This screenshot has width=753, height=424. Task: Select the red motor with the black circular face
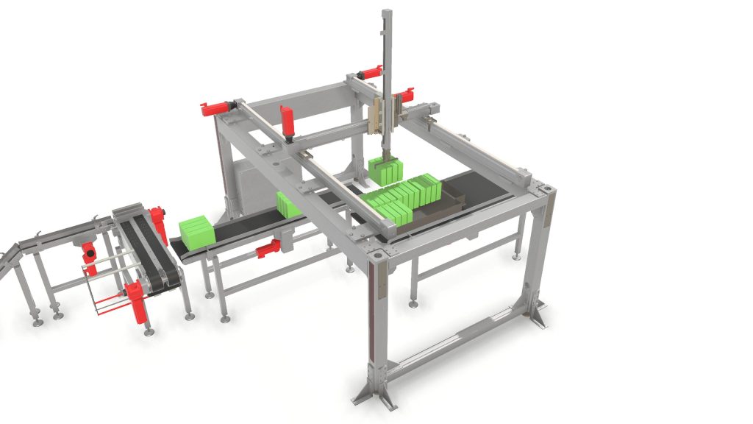(x=89, y=252)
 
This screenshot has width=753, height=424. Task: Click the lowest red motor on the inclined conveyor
(x=137, y=301)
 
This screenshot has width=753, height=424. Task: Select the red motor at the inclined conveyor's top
(x=157, y=222)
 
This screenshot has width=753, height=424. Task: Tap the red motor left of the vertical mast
(x=370, y=71)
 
